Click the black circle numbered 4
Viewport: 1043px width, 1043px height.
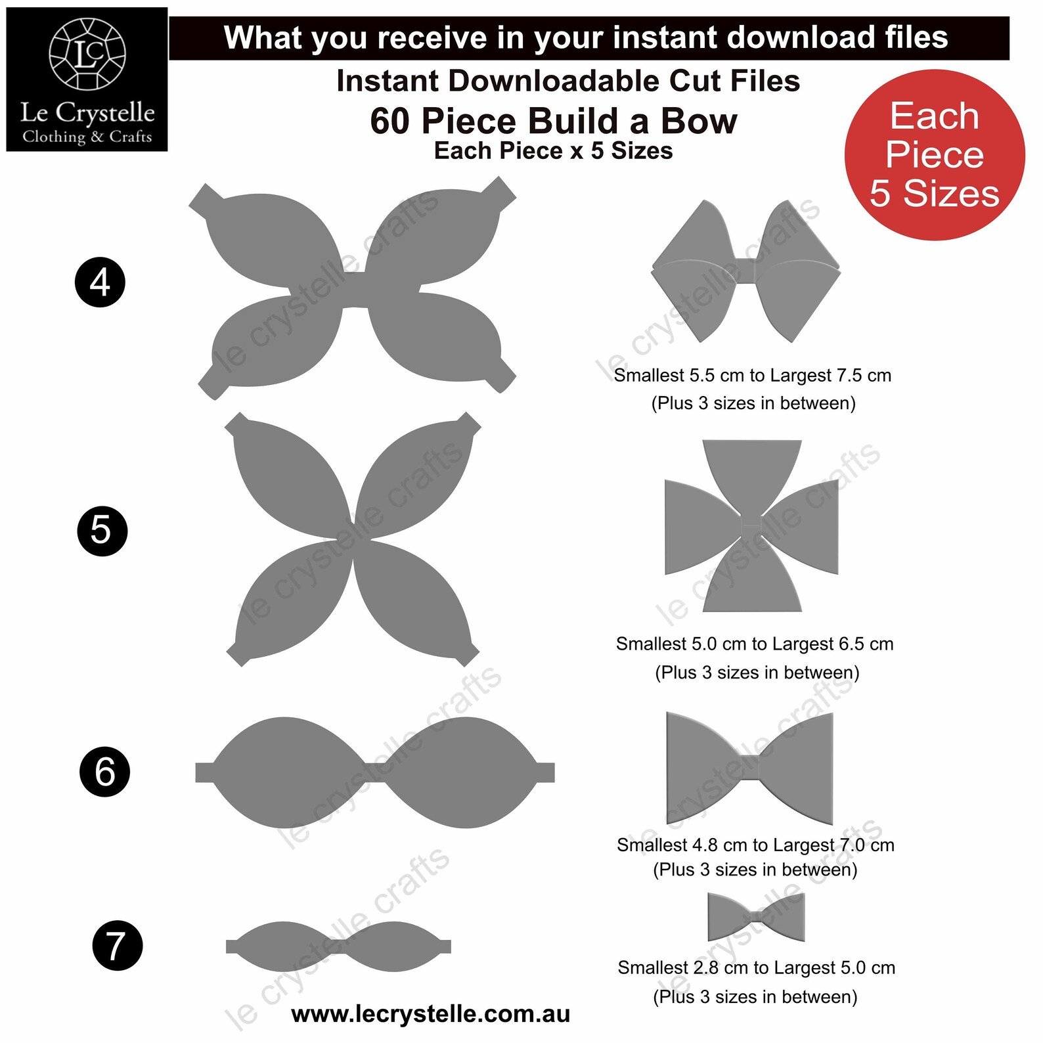[x=100, y=282]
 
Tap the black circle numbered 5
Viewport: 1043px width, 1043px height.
[x=102, y=531]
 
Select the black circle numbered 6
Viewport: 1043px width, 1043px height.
[x=104, y=772]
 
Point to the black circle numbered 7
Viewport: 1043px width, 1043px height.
[x=117, y=946]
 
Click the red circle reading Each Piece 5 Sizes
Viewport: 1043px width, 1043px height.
[x=935, y=155]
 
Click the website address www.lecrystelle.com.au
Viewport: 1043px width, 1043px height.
[x=430, y=1015]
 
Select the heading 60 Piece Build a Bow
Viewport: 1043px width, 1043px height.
[x=554, y=121]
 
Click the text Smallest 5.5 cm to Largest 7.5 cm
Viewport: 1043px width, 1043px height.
[x=753, y=376]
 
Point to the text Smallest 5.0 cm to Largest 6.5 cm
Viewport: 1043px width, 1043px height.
[x=755, y=644]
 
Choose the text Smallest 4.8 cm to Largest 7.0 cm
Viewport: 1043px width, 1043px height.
[x=755, y=845]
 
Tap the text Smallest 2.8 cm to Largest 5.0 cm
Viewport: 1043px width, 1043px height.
[x=757, y=968]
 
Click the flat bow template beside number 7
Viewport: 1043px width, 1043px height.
[x=338, y=946]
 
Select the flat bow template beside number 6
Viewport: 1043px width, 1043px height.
[x=375, y=772]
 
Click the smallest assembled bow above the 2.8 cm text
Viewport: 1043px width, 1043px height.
[x=756, y=917]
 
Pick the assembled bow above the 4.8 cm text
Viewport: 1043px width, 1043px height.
[x=749, y=768]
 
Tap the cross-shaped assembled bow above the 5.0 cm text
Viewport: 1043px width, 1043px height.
[x=752, y=526]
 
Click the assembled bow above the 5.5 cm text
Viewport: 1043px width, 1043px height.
[x=746, y=271]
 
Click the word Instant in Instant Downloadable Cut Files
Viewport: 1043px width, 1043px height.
[x=388, y=81]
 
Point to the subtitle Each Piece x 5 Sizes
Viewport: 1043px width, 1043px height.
[x=554, y=151]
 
